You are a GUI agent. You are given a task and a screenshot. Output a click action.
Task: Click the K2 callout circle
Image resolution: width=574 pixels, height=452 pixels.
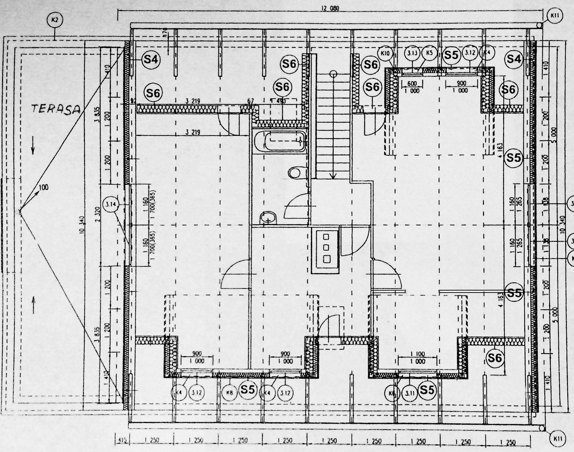pyautogui.click(x=55, y=20)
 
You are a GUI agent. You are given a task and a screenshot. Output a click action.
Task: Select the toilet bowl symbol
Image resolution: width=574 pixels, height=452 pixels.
pyautogui.click(x=295, y=172)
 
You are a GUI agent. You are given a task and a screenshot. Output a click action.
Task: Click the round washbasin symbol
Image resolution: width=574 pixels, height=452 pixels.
pyautogui.click(x=268, y=217)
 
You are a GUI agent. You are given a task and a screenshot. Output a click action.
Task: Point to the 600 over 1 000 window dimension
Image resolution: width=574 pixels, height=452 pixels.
pyautogui.click(x=412, y=87)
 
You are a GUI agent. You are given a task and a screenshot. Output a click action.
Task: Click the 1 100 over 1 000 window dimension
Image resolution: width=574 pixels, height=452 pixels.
pyautogui.click(x=418, y=358)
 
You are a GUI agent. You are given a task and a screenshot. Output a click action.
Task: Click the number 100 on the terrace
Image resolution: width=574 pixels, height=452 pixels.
pyautogui.click(x=43, y=187)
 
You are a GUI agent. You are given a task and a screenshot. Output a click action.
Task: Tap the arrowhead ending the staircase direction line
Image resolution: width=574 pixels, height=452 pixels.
pyautogui.click(x=333, y=176)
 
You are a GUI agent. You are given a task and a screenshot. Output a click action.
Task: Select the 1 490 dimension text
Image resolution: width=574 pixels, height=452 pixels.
pyautogui.click(x=279, y=101)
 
